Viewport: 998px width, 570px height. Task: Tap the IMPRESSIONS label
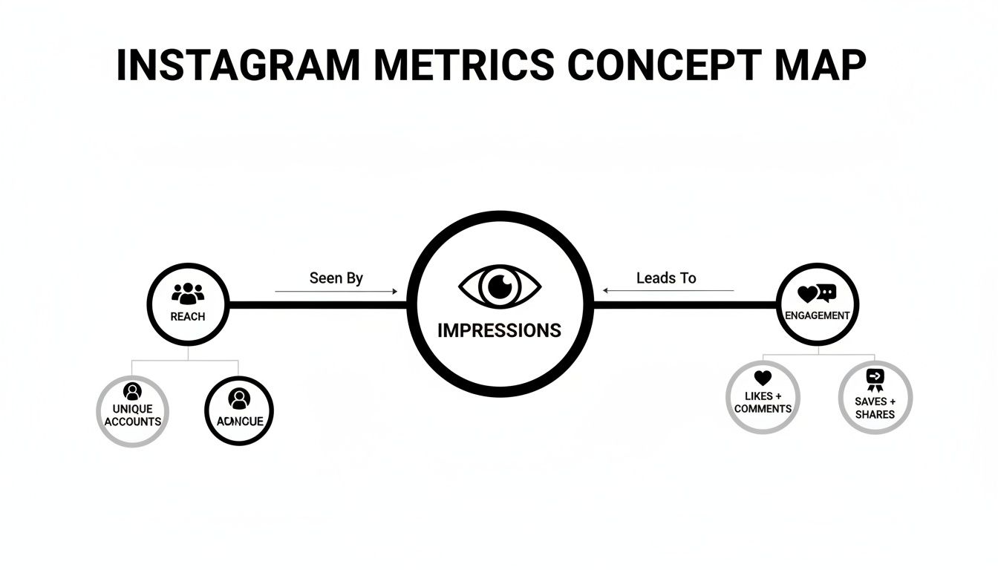coord(500,330)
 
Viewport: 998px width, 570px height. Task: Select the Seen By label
coord(336,278)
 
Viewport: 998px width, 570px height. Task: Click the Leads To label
coord(666,278)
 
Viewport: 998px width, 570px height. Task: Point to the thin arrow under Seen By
coord(336,292)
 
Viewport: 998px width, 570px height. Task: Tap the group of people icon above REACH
coord(188,294)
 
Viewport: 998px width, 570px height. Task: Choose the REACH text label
coord(188,317)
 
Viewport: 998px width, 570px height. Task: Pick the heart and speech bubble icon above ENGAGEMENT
coord(817,294)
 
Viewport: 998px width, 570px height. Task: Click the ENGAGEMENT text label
coord(818,315)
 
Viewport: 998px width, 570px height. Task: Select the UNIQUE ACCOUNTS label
coord(133,416)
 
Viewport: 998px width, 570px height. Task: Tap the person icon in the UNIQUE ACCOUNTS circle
coord(133,391)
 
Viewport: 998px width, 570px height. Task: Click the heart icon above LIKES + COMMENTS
coord(763,379)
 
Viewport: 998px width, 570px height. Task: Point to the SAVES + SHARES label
coord(875,408)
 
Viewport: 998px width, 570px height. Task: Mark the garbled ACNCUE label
coord(239,422)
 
